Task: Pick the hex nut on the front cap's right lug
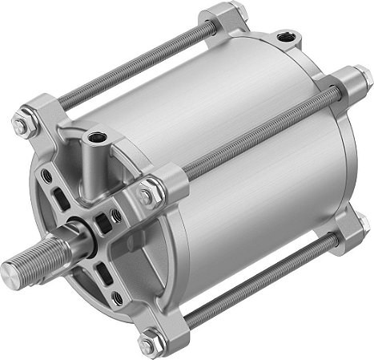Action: [x=147, y=193]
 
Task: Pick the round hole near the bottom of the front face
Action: [x=117, y=297]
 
